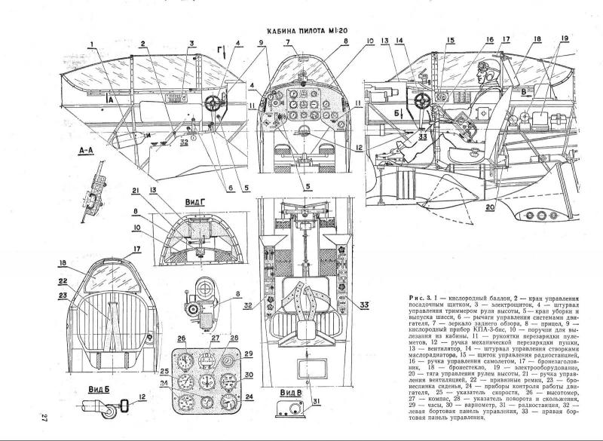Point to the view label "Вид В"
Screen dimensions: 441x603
click(288, 394)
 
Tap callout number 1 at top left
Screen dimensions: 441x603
click(90, 43)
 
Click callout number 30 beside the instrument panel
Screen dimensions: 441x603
click(249, 374)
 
